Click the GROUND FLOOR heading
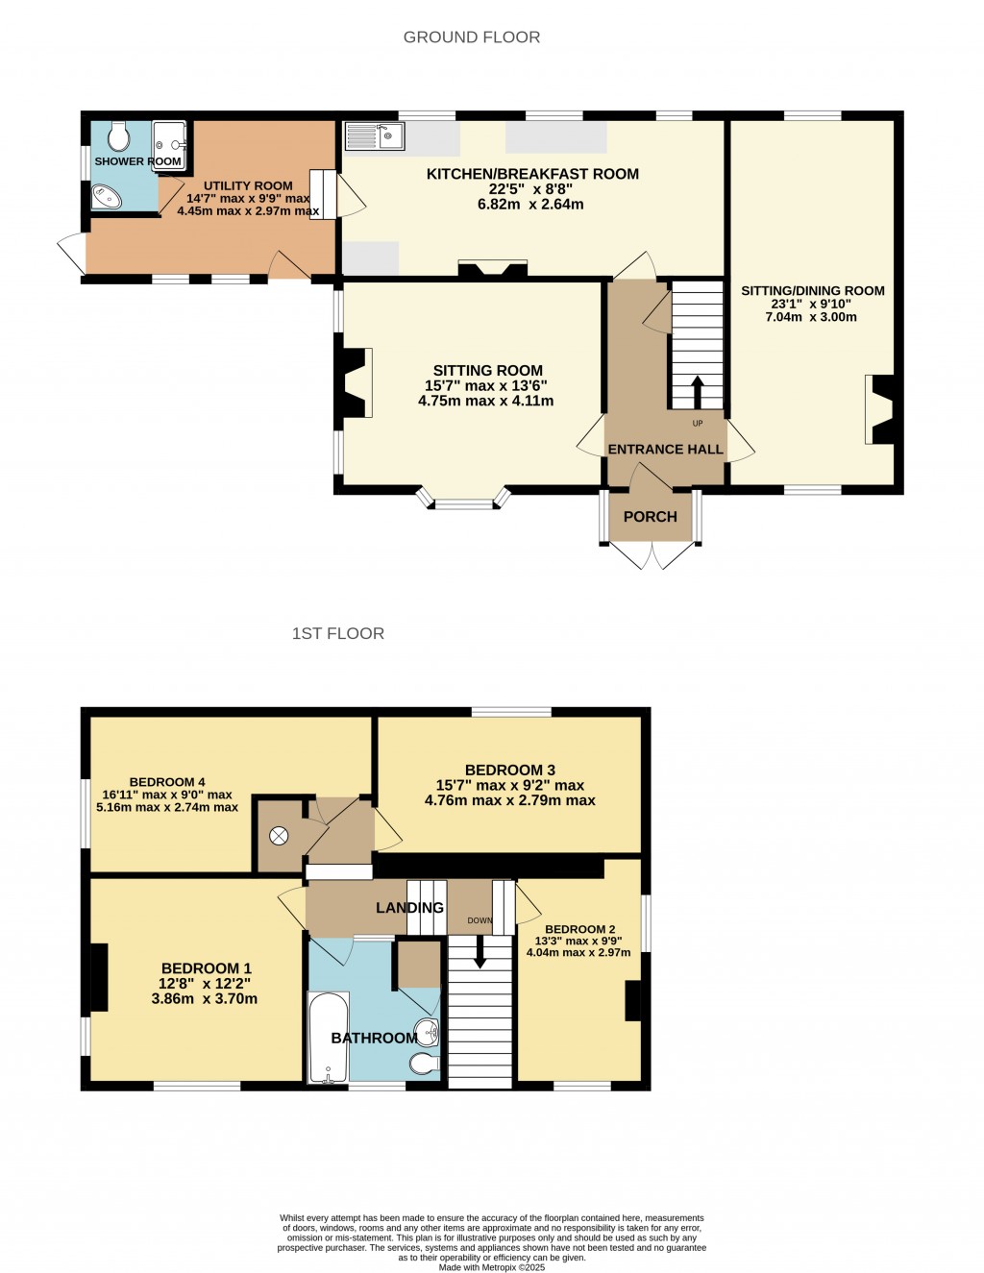pyautogui.click(x=471, y=37)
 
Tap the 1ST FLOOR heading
pyautogui.click(x=337, y=634)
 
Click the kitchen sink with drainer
pyautogui.click(x=375, y=136)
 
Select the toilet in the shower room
pyautogui.click(x=119, y=136)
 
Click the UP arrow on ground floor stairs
pyautogui.click(x=697, y=391)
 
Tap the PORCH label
pyautogui.click(x=650, y=517)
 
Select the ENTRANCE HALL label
pyautogui.click(x=665, y=450)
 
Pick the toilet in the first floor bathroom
pyautogui.click(x=424, y=1064)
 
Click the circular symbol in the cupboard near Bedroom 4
pyautogui.click(x=279, y=836)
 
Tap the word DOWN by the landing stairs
pyautogui.click(x=480, y=920)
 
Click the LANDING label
pyautogui.click(x=409, y=908)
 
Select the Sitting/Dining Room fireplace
pyautogui.click(x=881, y=409)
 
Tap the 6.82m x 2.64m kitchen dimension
pyautogui.click(x=530, y=205)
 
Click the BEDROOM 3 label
pyautogui.click(x=509, y=771)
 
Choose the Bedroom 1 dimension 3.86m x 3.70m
pyautogui.click(x=205, y=999)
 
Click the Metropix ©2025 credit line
pyautogui.click(x=492, y=1267)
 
